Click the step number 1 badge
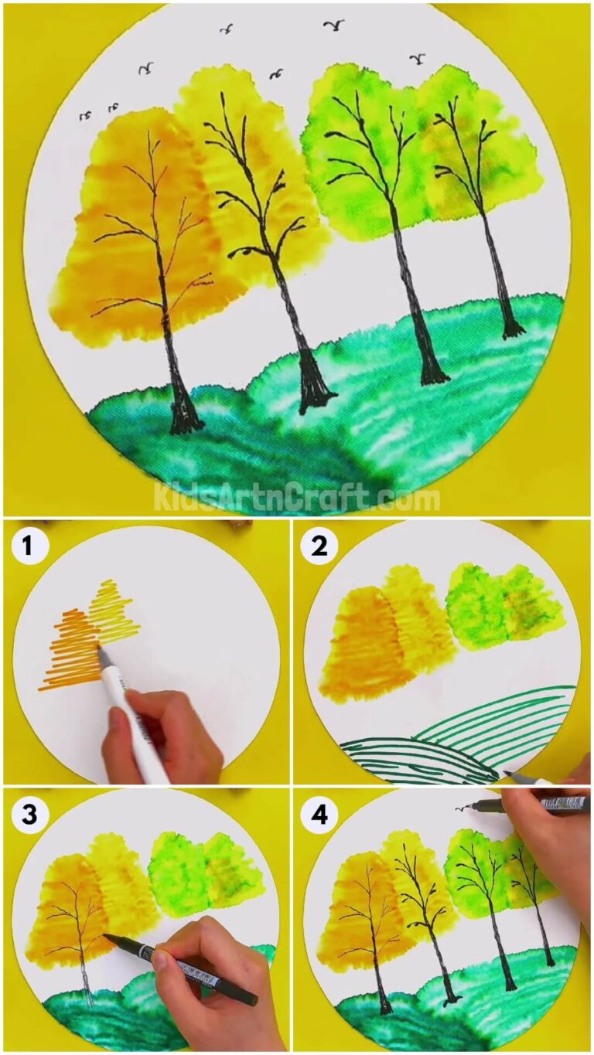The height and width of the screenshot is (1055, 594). coord(29,547)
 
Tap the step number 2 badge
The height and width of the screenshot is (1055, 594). coord(319,547)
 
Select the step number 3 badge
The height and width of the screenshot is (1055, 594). coord(29,814)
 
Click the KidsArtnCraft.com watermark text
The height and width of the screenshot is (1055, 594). coord(296,497)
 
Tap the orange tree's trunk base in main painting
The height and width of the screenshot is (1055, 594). coord(185,421)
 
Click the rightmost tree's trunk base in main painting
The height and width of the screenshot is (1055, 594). coord(510,330)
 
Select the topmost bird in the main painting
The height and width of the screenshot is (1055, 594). coord(333,26)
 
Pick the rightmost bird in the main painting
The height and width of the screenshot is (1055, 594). coord(418,58)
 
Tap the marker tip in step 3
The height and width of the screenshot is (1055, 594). coord(107,938)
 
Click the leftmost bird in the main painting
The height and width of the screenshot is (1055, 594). coord(86,115)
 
